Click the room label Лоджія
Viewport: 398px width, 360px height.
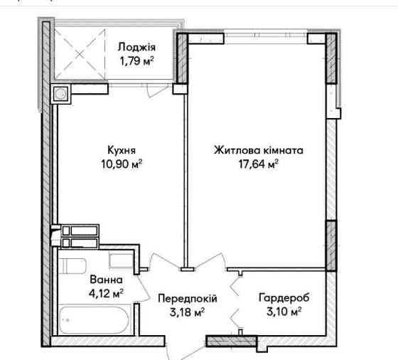pyautogui.click(x=136, y=48)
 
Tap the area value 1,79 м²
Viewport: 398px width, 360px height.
pyautogui.click(x=136, y=61)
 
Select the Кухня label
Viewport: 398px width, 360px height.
pyautogui.click(x=122, y=150)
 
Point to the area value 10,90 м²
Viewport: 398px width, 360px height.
pyautogui.click(x=122, y=164)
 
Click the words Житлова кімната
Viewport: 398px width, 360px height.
pyautogui.click(x=259, y=150)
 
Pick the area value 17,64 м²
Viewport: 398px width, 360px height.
pyautogui.click(x=259, y=164)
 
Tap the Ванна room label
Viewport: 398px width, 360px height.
pyautogui.click(x=106, y=280)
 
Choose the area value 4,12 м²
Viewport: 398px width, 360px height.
pyautogui.click(x=106, y=294)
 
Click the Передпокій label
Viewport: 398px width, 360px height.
pyautogui.click(x=188, y=298)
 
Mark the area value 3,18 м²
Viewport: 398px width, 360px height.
pyautogui.click(x=188, y=312)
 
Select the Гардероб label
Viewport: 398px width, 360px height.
pyautogui.click(x=284, y=298)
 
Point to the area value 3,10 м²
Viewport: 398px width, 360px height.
pyautogui.click(x=284, y=312)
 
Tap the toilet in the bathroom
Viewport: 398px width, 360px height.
pyautogui.click(x=72, y=266)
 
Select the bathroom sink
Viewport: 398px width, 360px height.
pyautogui.click(x=122, y=260)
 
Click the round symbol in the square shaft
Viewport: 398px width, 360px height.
pyautogui.click(x=61, y=94)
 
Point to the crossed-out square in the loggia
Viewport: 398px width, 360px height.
pyautogui.click(x=80, y=53)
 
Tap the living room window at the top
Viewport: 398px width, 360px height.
pyautogui.click(x=266, y=35)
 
